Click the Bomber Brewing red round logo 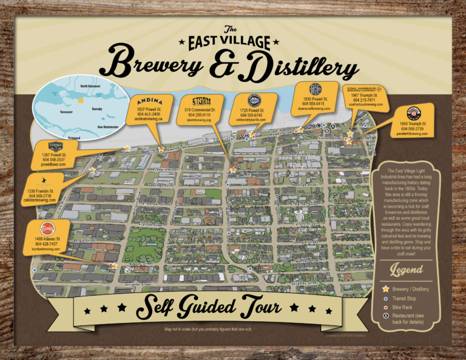(47, 228)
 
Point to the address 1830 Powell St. (315, 98)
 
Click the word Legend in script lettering (406, 270)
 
